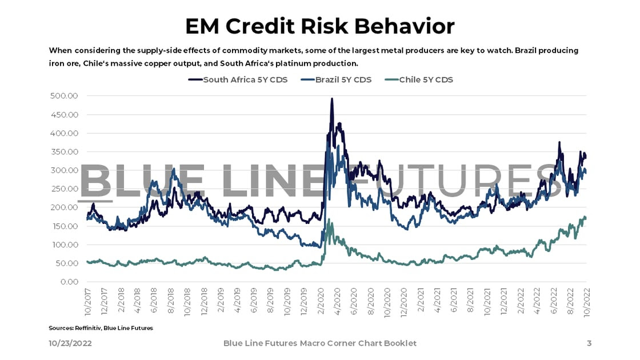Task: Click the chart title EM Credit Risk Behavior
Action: point(320,26)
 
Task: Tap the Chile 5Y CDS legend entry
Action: point(426,79)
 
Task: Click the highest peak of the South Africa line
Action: point(332,99)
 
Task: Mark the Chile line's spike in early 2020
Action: point(329,219)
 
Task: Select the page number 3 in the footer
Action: point(589,343)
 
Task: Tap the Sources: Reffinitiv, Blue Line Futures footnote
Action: point(101,328)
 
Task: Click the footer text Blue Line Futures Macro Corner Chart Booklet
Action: point(319,343)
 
